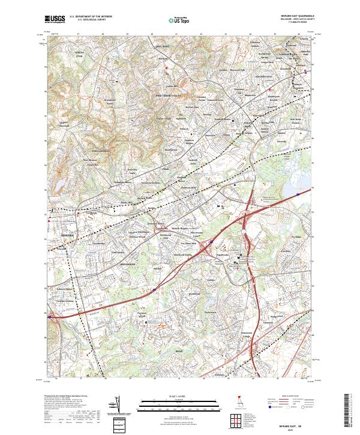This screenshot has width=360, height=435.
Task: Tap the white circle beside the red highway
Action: tap(245, 229)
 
